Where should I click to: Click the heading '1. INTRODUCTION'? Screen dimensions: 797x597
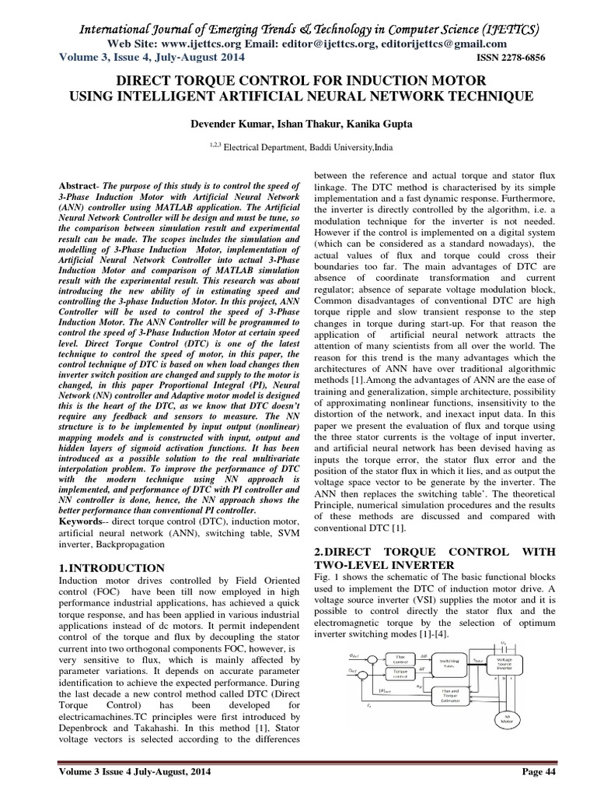coord(112,567)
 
